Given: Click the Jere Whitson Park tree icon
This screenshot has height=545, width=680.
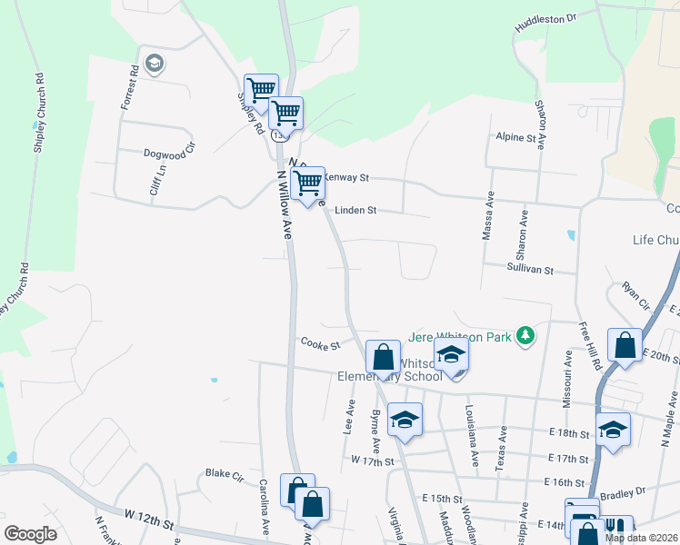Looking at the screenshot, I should click(525, 336).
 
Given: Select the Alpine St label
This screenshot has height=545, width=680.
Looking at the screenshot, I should click(515, 137).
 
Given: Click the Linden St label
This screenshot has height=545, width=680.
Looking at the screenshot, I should click(355, 210).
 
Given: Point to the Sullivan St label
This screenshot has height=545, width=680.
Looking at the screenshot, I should click(531, 269).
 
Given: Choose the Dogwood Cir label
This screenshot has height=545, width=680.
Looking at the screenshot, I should click(169, 154).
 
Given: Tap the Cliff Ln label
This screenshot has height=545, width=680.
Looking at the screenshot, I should click(157, 180).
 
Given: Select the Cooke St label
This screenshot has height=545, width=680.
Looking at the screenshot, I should click(320, 344).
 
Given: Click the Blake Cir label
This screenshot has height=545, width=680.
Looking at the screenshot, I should click(225, 473).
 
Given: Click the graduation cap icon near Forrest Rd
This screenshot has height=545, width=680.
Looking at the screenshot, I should click(154, 63).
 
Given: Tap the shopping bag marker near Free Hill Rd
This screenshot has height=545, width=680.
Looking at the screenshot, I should click(625, 346).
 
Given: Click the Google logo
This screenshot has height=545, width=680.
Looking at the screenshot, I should click(30, 534).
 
